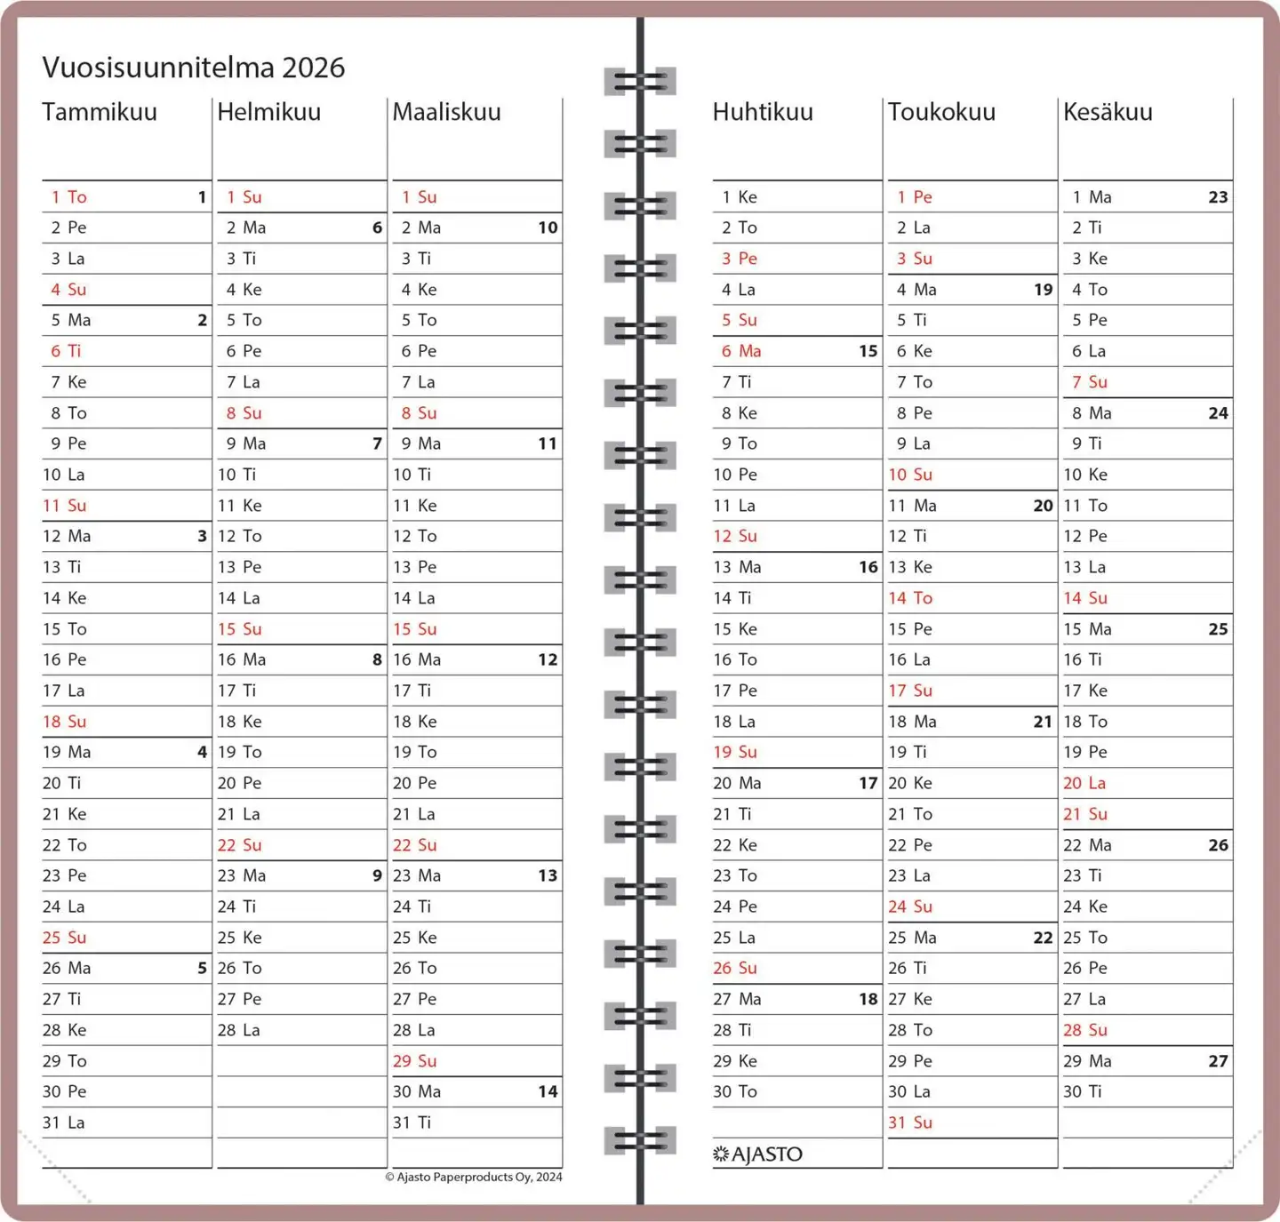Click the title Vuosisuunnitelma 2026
click(193, 68)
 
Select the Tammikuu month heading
click(100, 112)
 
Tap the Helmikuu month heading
click(268, 112)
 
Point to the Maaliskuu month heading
click(446, 112)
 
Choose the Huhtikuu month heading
click(763, 112)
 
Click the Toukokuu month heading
click(941, 112)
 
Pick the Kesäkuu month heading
click(1108, 112)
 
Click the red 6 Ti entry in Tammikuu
click(66, 351)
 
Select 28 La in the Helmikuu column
click(239, 1030)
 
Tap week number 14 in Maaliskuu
click(548, 1091)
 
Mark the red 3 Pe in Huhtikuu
click(740, 259)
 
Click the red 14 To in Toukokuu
click(910, 598)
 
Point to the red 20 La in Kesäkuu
click(1084, 783)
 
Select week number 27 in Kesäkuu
click(1218, 1061)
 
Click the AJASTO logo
click(758, 1154)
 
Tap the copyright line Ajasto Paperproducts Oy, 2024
click(474, 1177)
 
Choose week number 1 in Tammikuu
click(202, 197)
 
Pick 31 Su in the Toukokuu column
click(910, 1122)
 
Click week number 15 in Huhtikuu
click(868, 351)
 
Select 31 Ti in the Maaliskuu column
click(412, 1122)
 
